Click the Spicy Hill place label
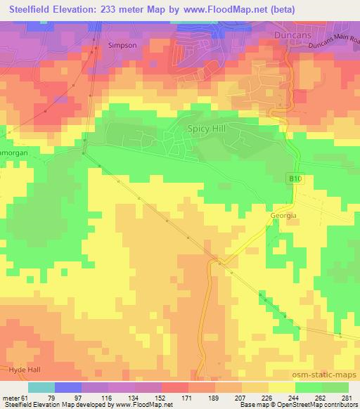[x=206, y=129]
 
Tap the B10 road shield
[x=297, y=180]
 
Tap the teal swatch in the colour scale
[x=41, y=387]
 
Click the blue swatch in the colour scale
[x=68, y=387]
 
